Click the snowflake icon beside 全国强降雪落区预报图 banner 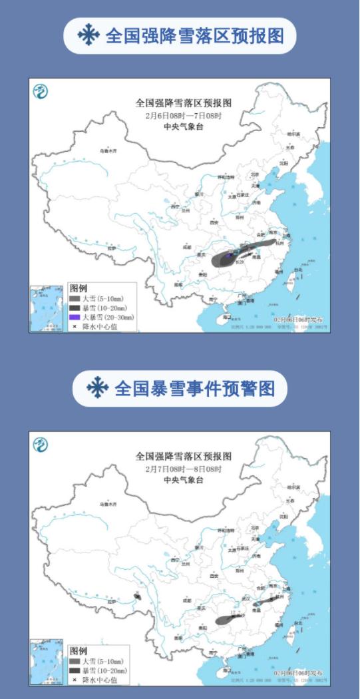pos(87,35)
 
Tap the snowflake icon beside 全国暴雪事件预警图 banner pos(98,388)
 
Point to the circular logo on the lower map pos(41,445)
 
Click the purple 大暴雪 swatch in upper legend pos(75,318)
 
